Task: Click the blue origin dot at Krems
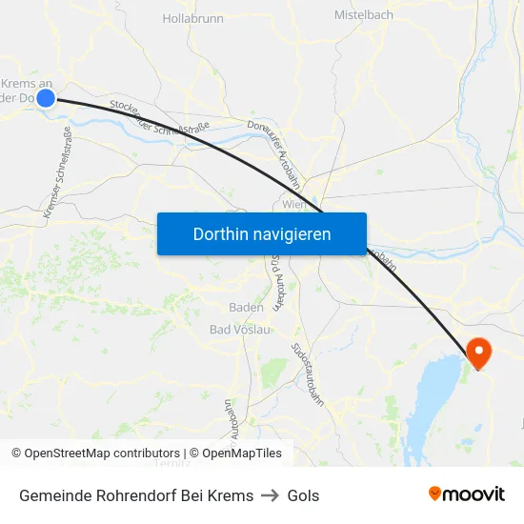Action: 45,97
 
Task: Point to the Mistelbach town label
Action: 364,15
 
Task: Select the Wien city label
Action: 293,204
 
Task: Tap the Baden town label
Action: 246,307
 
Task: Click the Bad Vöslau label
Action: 240,330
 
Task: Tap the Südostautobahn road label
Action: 309,373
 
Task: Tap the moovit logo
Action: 467,494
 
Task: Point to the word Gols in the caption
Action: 303,495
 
